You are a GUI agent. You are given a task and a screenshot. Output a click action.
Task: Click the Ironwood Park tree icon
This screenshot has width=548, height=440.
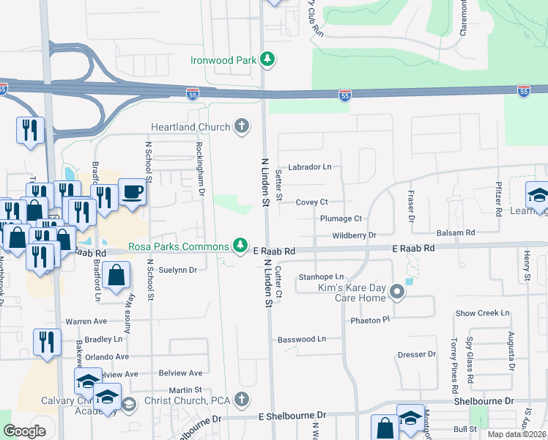(268, 59)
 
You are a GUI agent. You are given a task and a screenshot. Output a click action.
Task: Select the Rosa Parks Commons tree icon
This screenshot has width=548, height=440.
(240, 245)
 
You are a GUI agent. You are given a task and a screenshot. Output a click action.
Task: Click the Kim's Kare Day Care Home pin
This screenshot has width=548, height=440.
(397, 293)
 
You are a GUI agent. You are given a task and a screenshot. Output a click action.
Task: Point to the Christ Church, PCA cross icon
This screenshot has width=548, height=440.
(242, 400)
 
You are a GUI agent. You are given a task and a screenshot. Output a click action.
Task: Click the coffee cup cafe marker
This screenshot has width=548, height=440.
(132, 193)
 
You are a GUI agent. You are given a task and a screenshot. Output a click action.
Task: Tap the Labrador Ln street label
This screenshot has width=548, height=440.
(309, 166)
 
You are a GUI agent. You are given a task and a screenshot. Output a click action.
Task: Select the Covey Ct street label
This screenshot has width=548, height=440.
(311, 202)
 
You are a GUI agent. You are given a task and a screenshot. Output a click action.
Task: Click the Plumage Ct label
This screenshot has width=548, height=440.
(341, 219)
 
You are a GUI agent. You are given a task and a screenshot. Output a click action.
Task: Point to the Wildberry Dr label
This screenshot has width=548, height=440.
(354, 235)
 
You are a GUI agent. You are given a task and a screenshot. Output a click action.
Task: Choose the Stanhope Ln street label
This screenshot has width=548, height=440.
(321, 276)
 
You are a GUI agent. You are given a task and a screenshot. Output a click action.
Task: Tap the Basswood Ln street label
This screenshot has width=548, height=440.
(301, 340)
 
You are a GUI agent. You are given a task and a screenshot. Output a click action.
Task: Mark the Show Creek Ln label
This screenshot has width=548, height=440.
(482, 312)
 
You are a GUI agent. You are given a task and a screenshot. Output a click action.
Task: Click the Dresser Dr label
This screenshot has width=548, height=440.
(417, 354)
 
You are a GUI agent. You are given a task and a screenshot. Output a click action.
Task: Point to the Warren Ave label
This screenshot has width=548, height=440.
(86, 321)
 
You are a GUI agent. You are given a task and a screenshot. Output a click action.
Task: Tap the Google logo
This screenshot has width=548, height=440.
(25, 431)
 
